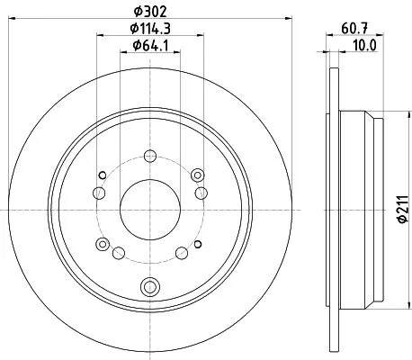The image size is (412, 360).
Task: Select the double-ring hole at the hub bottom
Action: pos(148,288)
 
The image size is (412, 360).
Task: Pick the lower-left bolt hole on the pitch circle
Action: pos(103,246)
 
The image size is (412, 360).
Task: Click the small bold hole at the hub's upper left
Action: pos(103,175)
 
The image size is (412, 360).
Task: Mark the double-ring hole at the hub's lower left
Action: pos(103,246)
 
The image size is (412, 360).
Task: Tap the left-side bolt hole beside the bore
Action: pos(96,192)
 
